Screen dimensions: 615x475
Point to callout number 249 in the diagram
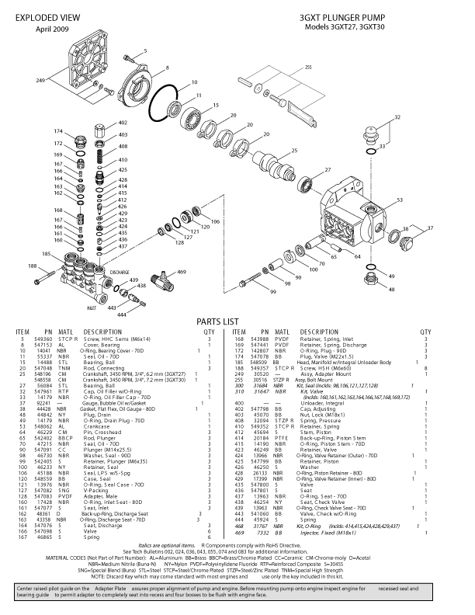pos(40,81)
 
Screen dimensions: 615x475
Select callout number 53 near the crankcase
pos(400,200)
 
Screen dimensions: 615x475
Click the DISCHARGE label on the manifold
pos(119,273)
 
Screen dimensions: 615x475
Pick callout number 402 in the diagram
pos(123,123)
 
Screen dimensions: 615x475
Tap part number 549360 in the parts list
pos(44,340)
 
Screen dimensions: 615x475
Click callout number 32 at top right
pos(398,117)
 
